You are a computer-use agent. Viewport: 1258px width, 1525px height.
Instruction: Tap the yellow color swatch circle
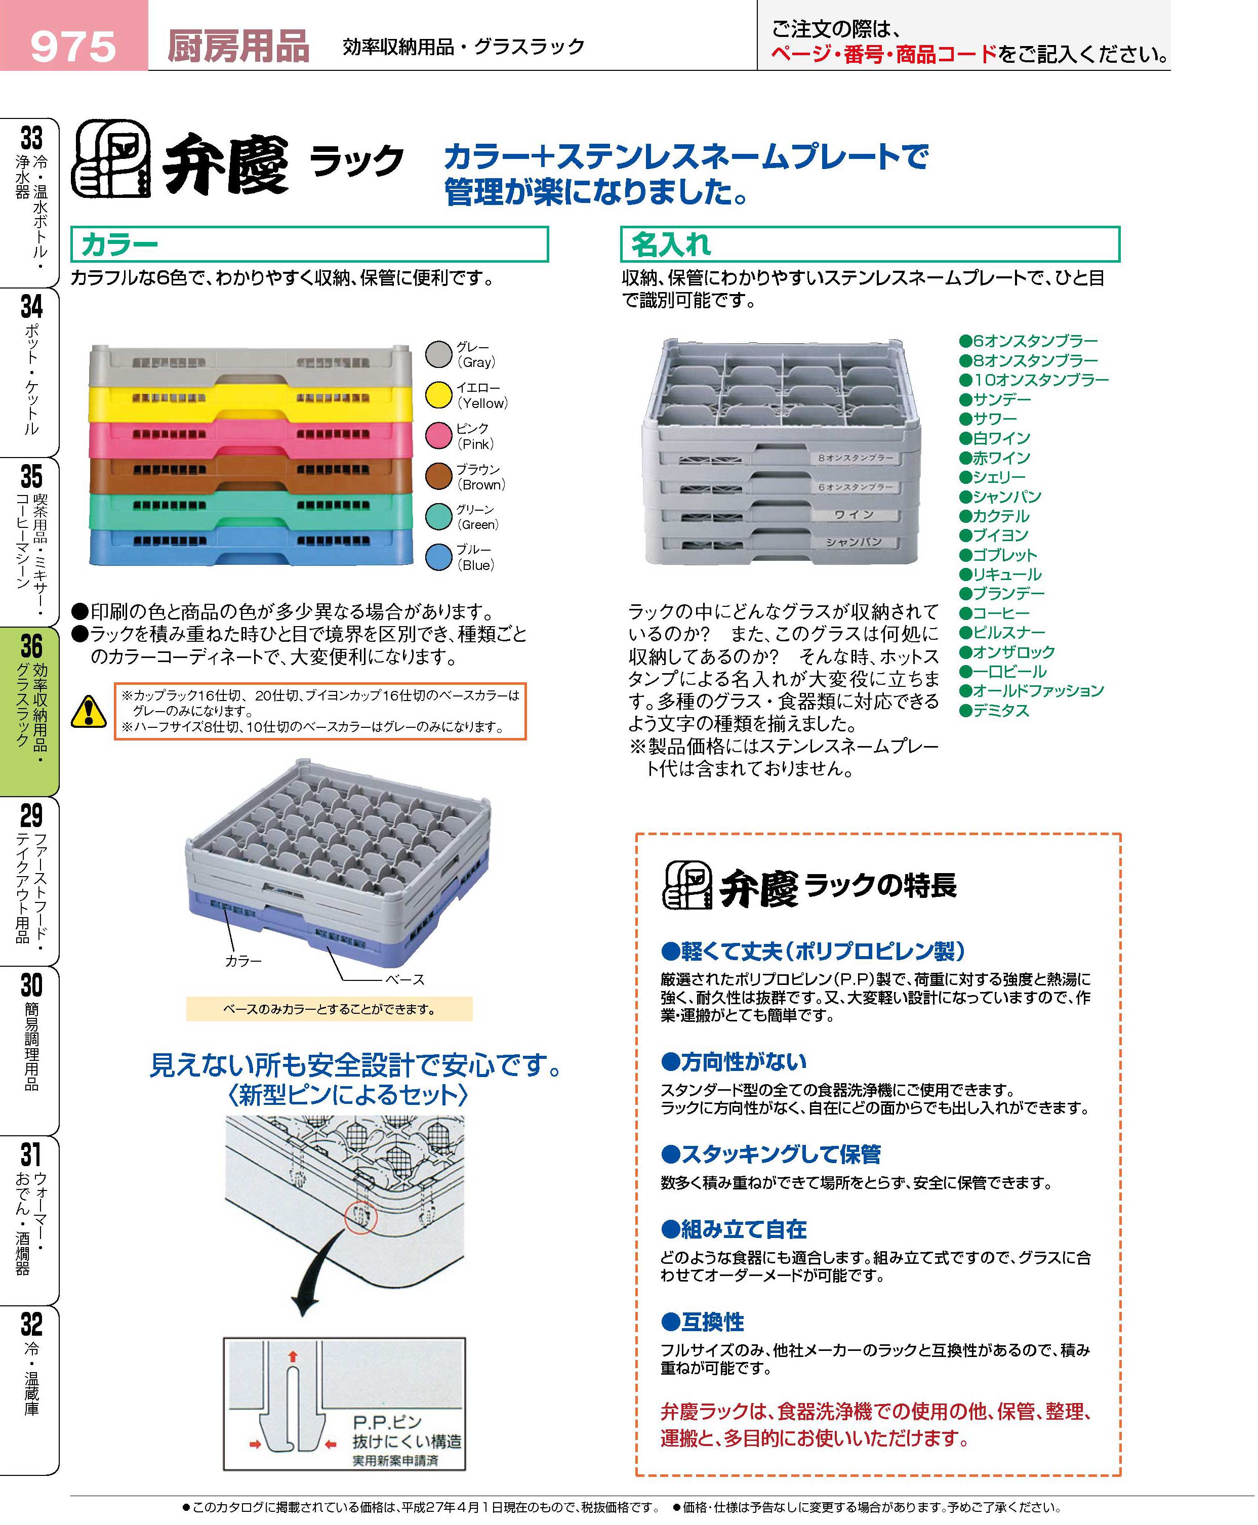click(x=438, y=395)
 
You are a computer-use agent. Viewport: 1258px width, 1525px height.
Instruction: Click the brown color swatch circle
click(x=438, y=476)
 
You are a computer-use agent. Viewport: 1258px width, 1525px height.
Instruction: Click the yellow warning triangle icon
click(x=89, y=712)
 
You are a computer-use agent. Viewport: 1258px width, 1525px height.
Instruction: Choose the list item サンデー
click(x=1001, y=399)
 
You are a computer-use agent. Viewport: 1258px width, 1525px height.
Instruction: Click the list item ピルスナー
click(x=1008, y=633)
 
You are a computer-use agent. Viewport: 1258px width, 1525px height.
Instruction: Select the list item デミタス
click(x=1000, y=710)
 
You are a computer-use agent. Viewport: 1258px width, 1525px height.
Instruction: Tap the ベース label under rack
click(x=404, y=979)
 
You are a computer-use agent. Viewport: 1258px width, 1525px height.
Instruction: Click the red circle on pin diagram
click(x=360, y=1218)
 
